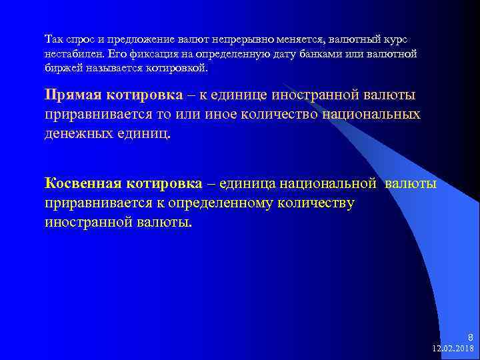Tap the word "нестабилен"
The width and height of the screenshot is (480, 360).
click(74, 54)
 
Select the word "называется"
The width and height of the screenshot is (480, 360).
click(115, 69)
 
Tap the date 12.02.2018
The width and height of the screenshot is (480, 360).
click(453, 349)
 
